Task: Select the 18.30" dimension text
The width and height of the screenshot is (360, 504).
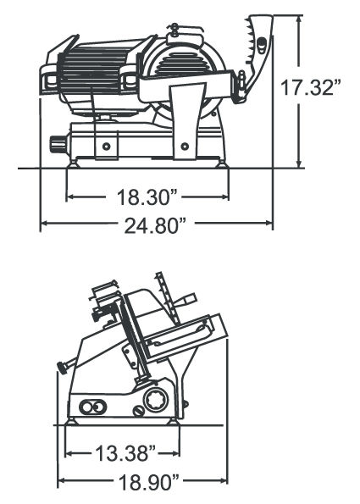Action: click(x=147, y=198)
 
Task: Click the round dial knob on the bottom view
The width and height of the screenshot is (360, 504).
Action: click(x=156, y=400)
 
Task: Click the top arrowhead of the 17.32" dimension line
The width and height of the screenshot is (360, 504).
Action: click(x=297, y=17)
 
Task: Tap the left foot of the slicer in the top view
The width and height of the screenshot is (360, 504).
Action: click(x=77, y=163)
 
